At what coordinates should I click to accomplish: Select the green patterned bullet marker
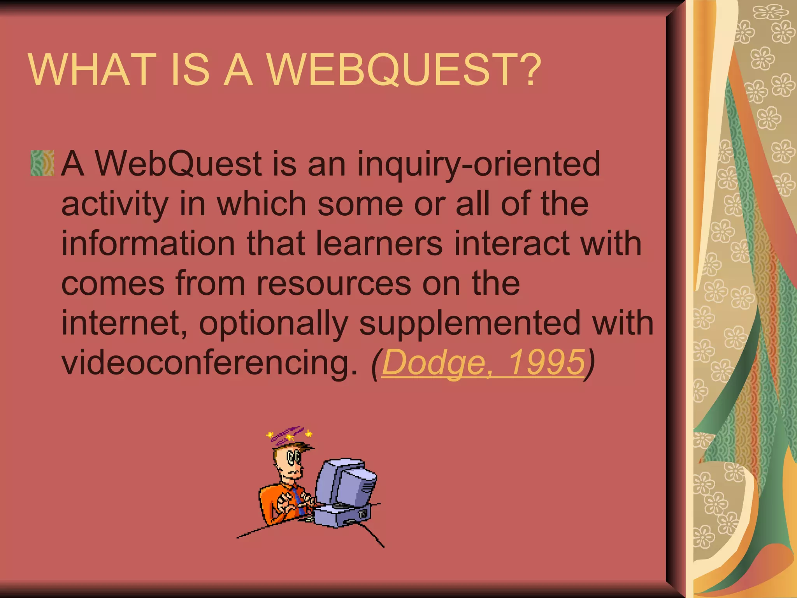[x=42, y=163]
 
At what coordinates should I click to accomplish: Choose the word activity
[x=115, y=205]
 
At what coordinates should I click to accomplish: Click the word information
[x=148, y=243]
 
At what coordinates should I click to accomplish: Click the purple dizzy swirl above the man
[x=288, y=433]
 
